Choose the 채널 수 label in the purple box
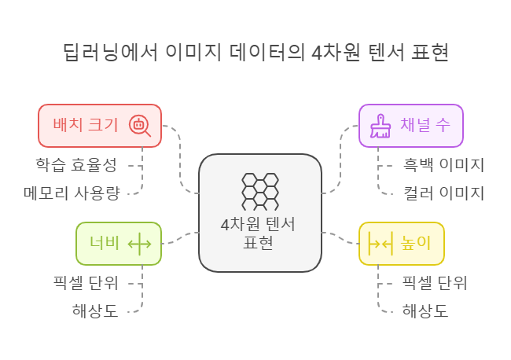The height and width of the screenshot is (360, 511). (425, 125)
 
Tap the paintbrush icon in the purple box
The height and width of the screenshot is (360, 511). (381, 126)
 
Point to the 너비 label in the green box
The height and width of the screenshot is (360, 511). (104, 243)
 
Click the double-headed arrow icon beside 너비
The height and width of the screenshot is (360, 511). (139, 244)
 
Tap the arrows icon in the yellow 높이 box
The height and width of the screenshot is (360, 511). (380, 244)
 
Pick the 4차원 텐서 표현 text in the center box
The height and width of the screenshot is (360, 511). (259, 233)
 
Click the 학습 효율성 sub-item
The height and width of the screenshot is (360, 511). (76, 165)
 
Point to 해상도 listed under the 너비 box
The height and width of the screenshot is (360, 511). (95, 310)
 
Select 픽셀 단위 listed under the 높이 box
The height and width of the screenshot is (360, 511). (435, 283)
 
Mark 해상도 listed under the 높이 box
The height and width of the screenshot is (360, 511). (425, 310)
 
